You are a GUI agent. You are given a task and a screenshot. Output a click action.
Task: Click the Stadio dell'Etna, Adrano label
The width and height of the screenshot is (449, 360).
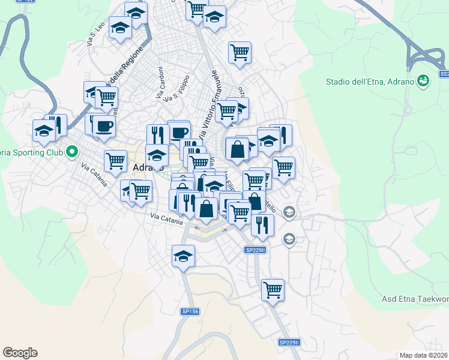click(370, 82)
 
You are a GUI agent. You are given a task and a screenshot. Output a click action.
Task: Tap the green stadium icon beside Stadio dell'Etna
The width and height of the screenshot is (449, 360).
click(423, 80)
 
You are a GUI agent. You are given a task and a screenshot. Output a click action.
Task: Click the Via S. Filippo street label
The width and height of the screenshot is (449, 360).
click(180, 88)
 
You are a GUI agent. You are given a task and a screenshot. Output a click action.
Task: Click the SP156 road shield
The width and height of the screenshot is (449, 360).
click(189, 311)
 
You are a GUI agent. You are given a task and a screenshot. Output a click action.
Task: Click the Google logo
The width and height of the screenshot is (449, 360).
click(20, 353)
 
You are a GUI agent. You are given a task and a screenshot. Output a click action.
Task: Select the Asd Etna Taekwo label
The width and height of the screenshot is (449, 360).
click(415, 299)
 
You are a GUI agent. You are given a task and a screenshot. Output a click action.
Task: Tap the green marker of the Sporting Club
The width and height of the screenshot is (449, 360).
click(72, 152)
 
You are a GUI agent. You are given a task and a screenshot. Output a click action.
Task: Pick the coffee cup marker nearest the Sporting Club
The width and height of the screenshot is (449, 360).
click(103, 126)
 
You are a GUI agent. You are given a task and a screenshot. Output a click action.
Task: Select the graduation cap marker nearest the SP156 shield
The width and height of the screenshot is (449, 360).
click(183, 257)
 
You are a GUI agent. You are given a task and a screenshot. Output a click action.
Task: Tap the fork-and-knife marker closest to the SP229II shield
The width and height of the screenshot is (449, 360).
click(262, 224)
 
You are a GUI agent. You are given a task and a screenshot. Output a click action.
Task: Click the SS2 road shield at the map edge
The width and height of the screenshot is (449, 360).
click(444, 74)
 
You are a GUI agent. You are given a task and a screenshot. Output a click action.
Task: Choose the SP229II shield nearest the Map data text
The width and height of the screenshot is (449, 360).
click(289, 342)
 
